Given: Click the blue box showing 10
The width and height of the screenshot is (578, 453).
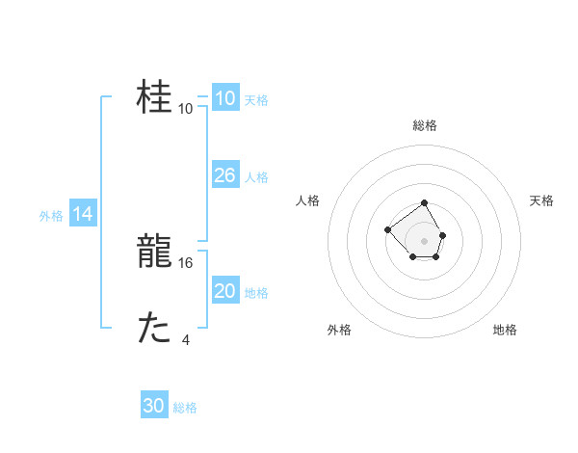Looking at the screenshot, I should tap(224, 98).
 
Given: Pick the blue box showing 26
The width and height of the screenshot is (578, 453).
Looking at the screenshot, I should tap(224, 175).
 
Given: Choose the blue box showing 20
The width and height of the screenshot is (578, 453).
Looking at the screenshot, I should tap(224, 291).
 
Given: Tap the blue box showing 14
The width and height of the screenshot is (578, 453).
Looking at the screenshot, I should tap(83, 214).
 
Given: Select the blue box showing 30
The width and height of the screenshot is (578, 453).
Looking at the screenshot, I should tap(154, 406).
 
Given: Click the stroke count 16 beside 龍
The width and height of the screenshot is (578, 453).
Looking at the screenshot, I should tap(187, 262).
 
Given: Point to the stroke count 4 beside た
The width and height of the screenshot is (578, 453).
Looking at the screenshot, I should tap(186, 339).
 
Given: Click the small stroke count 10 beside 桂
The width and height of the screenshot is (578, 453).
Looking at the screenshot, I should tap(186, 108).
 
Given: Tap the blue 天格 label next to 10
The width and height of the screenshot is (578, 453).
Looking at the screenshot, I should tap(256, 99).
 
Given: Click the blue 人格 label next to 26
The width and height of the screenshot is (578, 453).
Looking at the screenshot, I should tap(256, 176).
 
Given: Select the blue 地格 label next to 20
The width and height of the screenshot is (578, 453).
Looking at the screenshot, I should tap(256, 292).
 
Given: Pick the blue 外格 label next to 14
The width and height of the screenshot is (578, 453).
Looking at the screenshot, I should tap(51, 216).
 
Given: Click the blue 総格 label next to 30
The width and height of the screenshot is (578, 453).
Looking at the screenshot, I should tap(185, 408).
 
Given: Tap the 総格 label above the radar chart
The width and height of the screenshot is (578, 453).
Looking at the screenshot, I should tap(425, 125).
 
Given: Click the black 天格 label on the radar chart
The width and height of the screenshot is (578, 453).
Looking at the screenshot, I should tap(541, 200).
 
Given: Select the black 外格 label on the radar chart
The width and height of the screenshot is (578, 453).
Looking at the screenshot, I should tap(339, 330).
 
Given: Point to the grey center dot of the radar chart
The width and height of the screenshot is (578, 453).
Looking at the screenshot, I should tap(425, 240).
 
